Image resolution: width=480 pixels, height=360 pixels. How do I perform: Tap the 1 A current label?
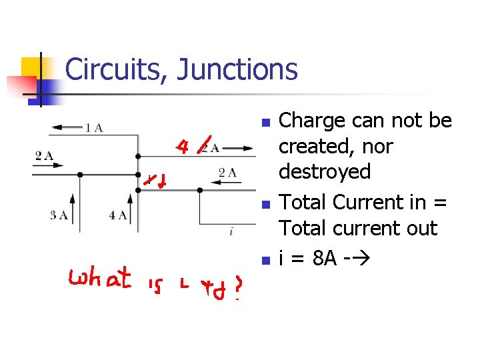point(93,127)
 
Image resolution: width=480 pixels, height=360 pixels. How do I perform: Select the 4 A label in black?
point(118,215)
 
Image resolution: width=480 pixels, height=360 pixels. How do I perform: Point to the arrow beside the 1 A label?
point(65,127)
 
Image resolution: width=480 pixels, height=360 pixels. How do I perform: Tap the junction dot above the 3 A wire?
point(80,175)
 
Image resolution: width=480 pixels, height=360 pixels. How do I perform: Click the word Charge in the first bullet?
point(311,121)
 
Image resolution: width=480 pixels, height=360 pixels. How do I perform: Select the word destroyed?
point(325,172)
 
